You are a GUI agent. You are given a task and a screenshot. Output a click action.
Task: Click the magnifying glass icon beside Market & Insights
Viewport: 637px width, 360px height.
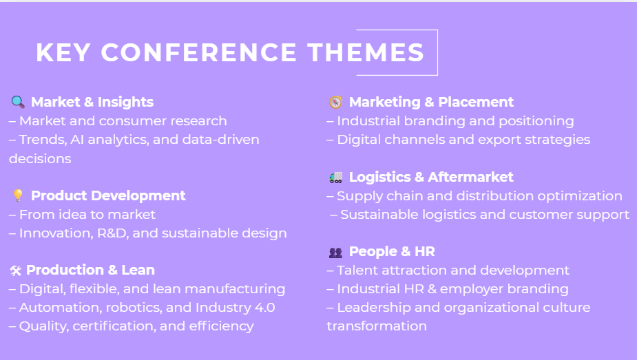tap(18, 102)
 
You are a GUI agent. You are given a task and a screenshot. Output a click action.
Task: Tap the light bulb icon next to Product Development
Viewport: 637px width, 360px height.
tap(18, 195)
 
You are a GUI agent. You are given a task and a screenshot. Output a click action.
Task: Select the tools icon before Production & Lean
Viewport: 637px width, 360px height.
tap(15, 271)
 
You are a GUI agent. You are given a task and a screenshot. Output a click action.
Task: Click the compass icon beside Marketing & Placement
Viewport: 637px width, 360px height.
tap(335, 102)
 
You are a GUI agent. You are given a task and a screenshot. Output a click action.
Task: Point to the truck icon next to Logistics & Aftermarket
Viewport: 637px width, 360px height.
tap(335, 178)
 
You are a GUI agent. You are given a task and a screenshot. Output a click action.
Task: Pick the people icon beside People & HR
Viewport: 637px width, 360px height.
tap(335, 253)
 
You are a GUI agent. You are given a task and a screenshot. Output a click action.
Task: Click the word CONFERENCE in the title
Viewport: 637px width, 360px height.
tap(198, 52)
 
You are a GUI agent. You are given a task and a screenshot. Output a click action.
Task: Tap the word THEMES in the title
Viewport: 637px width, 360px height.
tap(366, 52)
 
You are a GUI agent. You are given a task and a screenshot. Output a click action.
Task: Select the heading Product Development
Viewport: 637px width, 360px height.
tap(108, 195)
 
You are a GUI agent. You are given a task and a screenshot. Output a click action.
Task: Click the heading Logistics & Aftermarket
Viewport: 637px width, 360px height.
tap(431, 177)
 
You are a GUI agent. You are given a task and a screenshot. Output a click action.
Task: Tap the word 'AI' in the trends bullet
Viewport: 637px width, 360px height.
tap(76, 140)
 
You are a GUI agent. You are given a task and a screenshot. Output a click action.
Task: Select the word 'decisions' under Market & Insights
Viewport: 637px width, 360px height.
tap(40, 158)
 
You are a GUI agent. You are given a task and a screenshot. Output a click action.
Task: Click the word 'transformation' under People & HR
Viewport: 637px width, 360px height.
tap(377, 326)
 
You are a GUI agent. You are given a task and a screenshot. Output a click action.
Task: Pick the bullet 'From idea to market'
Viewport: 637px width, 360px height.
tap(87, 214)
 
